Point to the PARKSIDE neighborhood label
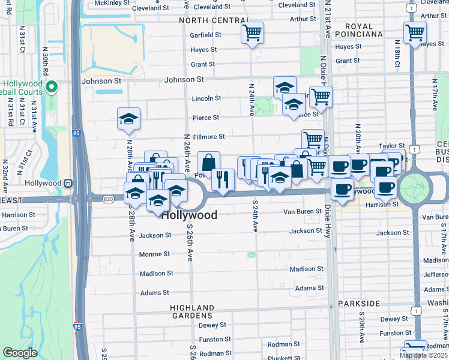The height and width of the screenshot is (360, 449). pyautogui.click(x=358, y=304)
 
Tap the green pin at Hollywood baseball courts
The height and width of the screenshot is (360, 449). pyautogui.click(x=52, y=88)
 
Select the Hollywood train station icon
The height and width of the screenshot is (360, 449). pyautogui.click(x=68, y=183)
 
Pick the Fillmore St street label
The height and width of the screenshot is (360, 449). pyautogui.click(x=208, y=137)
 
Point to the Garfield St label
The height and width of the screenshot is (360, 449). pyautogui.click(x=206, y=35)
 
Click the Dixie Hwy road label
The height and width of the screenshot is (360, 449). pyautogui.click(x=328, y=222)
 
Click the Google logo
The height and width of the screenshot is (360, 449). pyautogui.click(x=20, y=353)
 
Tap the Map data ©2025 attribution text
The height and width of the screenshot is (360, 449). pyautogui.click(x=424, y=355)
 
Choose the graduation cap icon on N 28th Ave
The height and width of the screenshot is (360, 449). pyautogui.click(x=129, y=119)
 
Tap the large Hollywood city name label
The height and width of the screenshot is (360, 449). pyautogui.click(x=190, y=215)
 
